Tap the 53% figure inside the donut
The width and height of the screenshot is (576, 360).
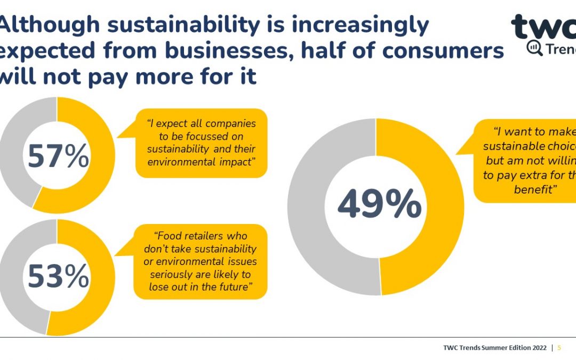click(58, 277)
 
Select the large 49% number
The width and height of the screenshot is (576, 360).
click(379, 205)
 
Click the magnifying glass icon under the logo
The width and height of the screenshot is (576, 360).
click(534, 48)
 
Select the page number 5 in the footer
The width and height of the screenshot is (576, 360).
click(559, 348)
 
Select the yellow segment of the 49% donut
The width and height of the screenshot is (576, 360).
click(443, 208)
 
